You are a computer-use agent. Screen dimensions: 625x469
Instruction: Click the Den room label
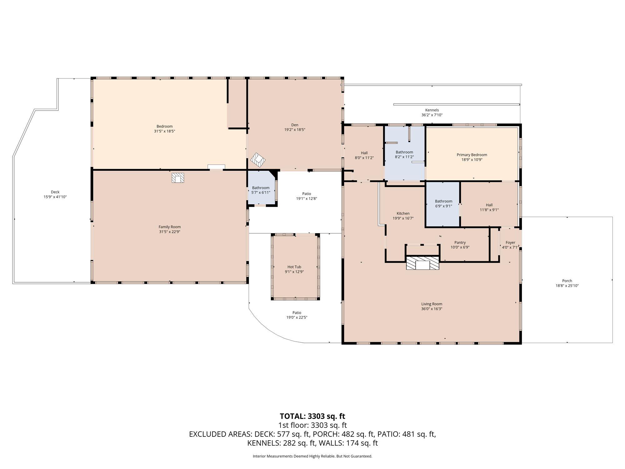(x=295, y=125)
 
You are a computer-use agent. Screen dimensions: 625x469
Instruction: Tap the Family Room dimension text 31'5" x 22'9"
(x=169, y=232)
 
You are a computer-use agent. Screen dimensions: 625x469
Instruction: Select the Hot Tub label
(x=294, y=267)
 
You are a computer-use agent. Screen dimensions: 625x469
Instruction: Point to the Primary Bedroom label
(x=472, y=155)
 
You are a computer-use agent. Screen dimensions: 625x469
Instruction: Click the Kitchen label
(x=403, y=214)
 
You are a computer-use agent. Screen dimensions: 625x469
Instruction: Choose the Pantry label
(x=460, y=242)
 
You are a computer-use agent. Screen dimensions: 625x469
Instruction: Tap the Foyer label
(x=510, y=242)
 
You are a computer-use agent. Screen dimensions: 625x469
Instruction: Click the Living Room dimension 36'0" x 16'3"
(x=432, y=309)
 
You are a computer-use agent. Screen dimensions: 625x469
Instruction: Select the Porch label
(x=567, y=281)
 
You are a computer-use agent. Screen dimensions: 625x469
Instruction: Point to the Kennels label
(x=432, y=110)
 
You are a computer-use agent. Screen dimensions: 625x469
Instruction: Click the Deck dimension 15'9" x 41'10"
(x=55, y=197)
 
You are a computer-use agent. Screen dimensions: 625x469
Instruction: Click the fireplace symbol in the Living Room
(x=422, y=263)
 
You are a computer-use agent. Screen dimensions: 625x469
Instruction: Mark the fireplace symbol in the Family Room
(x=178, y=178)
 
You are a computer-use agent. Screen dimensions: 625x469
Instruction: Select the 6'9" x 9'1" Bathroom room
(x=443, y=204)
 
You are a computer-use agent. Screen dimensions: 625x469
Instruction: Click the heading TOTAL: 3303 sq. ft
(x=312, y=416)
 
